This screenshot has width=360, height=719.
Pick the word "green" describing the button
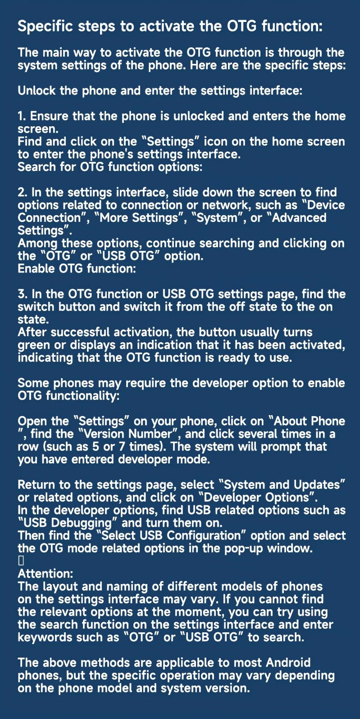click(x=33, y=345)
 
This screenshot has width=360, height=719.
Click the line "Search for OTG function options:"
click(x=110, y=167)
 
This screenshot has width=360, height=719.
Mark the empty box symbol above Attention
click(x=21, y=561)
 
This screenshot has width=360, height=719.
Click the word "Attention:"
click(x=45, y=574)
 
